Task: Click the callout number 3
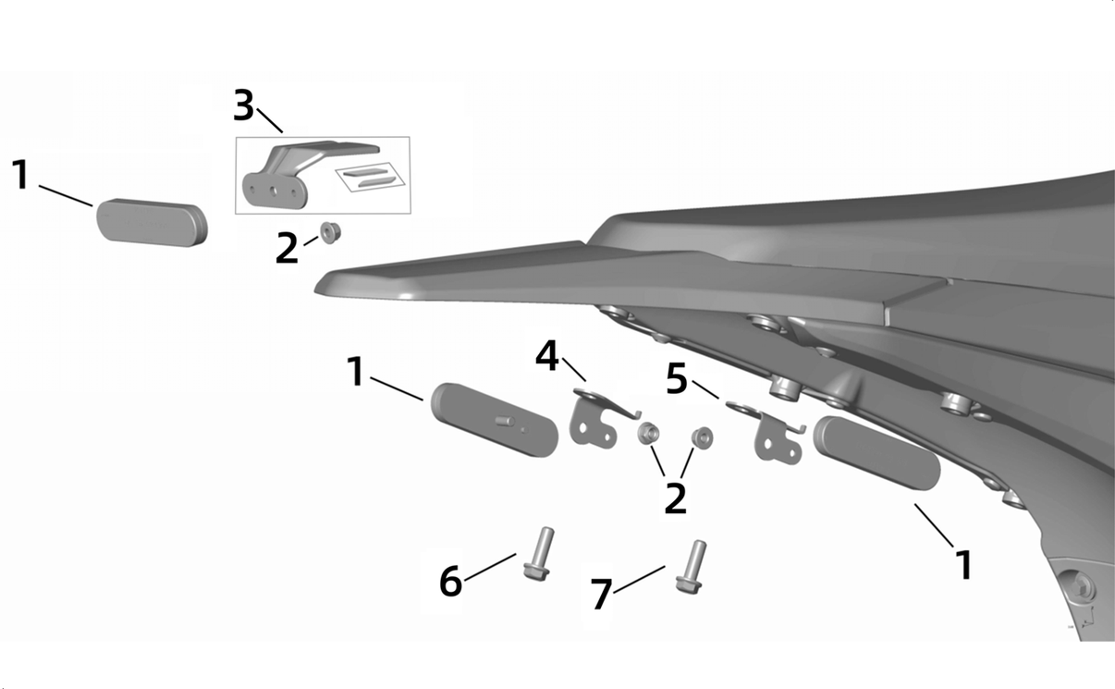244,105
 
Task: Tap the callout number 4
547,356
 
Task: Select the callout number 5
677,378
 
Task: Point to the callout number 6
451,581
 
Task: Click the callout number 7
601,594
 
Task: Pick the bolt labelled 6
538,554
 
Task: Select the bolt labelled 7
691,567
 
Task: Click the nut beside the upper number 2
329,233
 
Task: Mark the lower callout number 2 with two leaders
676,498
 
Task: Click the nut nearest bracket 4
648,433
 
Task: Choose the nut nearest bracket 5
702,437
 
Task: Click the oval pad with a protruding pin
495,420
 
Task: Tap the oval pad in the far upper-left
152,223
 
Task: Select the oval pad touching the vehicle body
877,453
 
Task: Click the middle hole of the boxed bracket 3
274,191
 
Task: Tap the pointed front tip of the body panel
315,287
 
